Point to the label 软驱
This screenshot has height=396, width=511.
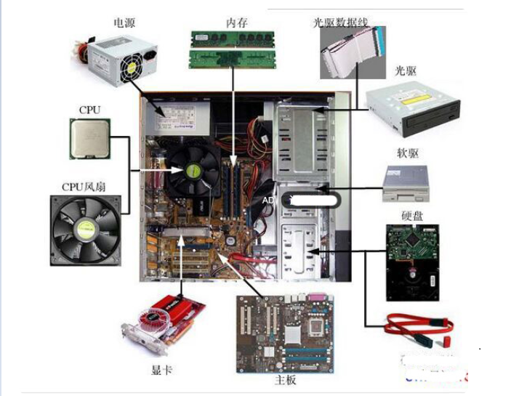(x=409, y=153)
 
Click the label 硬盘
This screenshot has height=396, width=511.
(x=412, y=216)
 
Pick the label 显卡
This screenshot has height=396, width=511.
(x=161, y=369)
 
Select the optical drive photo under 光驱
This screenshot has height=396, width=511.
(x=413, y=108)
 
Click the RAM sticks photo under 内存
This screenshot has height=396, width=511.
(x=232, y=49)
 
